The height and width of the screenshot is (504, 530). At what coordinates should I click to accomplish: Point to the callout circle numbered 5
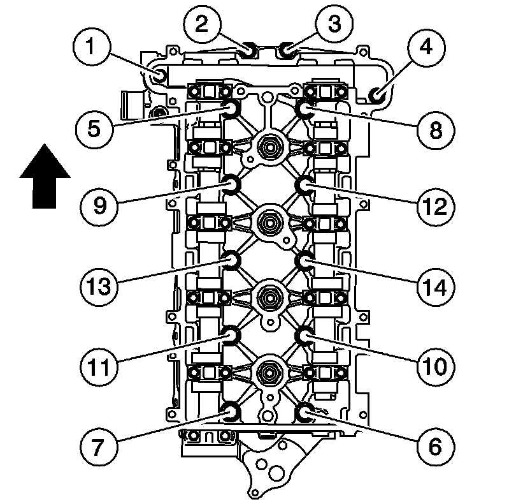point(94,128)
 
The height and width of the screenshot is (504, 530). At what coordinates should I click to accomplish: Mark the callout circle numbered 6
point(435,445)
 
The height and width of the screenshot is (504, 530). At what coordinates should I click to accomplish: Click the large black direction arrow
point(44,175)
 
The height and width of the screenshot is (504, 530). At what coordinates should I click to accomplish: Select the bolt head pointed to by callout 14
point(304,260)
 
